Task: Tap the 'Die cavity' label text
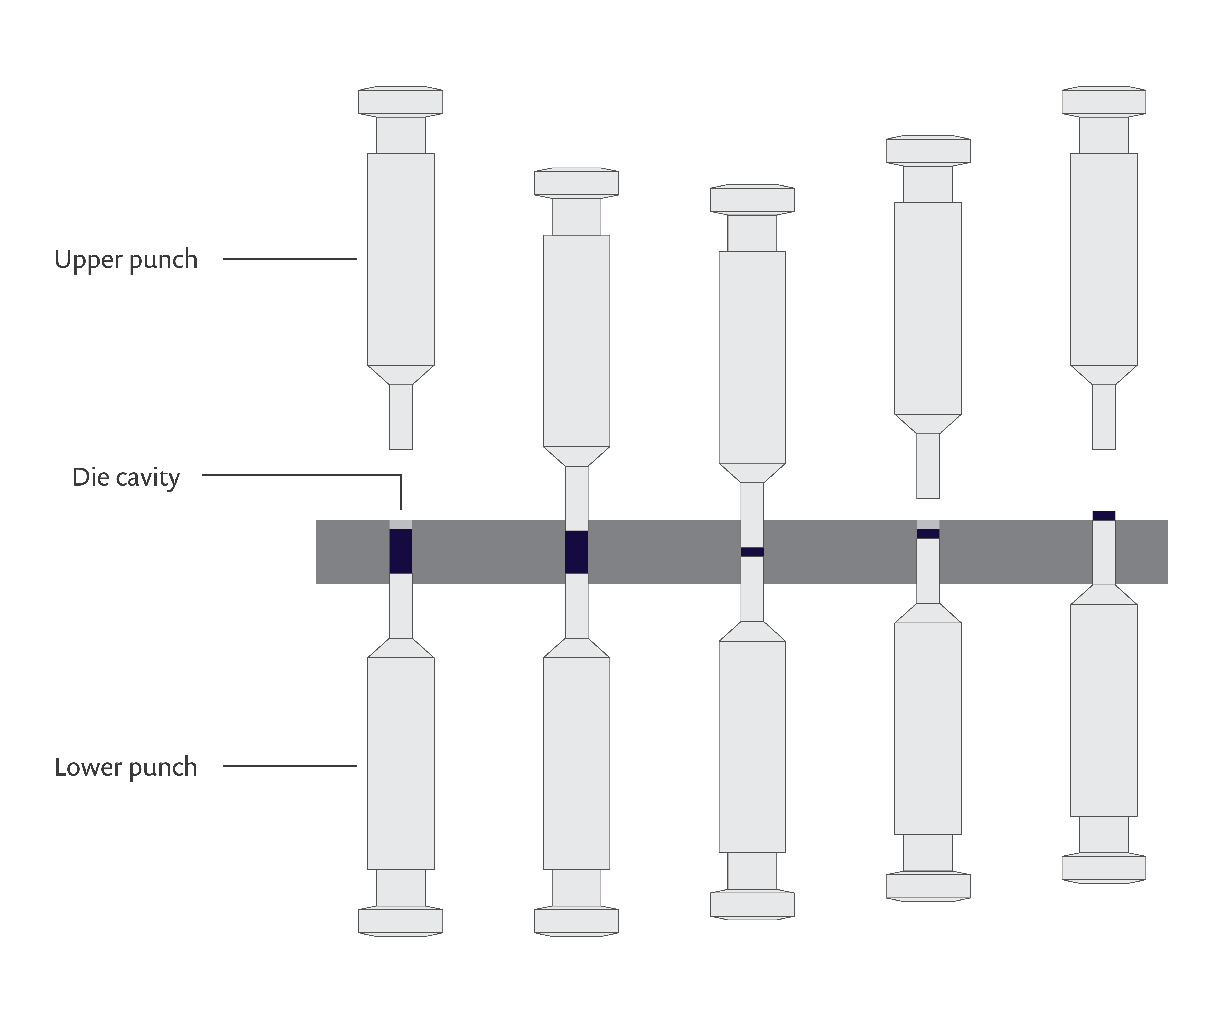click(126, 477)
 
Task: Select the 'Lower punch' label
click(126, 767)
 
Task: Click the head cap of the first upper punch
click(401, 101)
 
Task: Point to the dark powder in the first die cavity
click(401, 551)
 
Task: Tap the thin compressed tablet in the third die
click(752, 552)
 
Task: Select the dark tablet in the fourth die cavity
click(928, 534)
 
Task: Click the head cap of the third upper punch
click(752, 199)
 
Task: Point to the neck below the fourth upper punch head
click(928, 184)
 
